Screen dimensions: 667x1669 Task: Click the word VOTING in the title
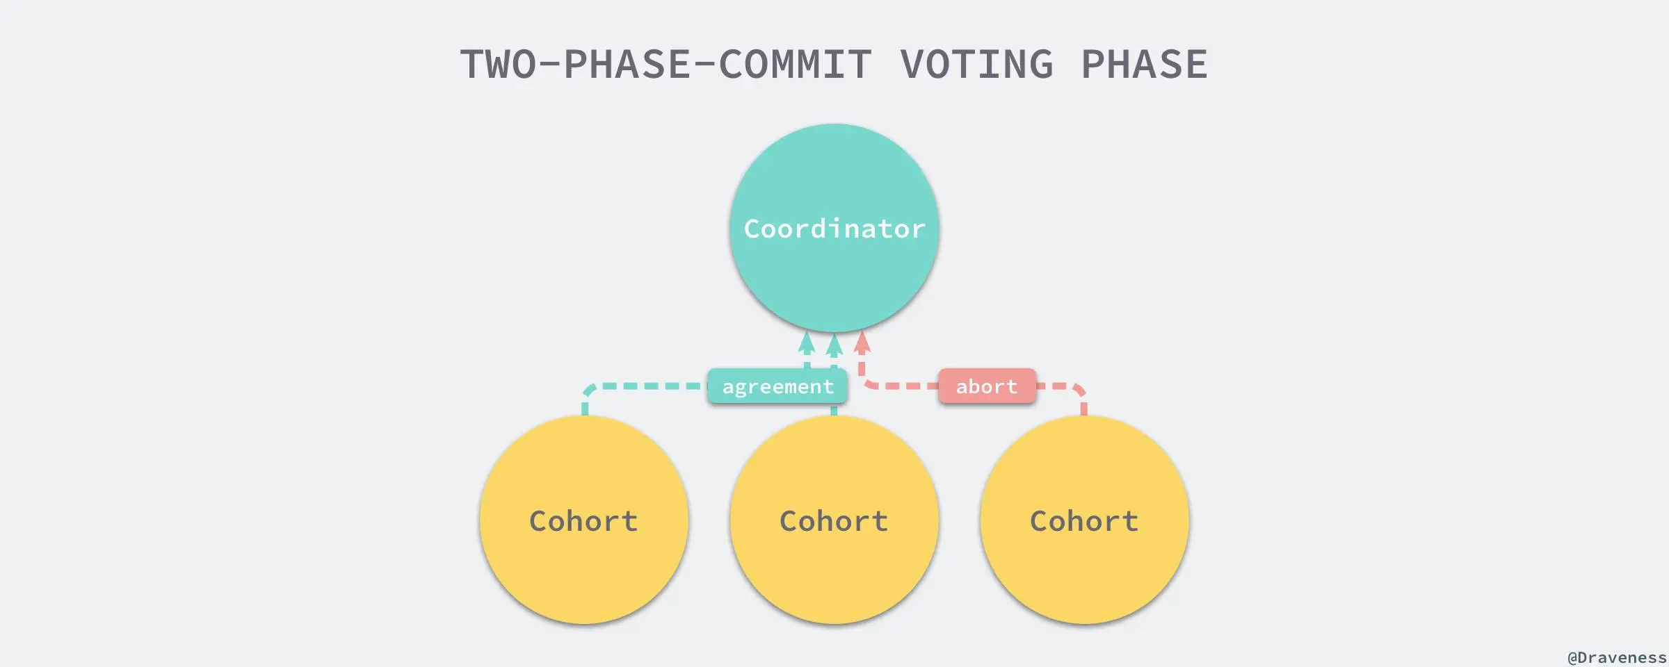(976, 65)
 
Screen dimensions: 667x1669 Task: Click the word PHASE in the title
(1144, 65)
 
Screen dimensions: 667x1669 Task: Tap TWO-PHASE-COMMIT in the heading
(666, 65)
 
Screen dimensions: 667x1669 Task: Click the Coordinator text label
(834, 229)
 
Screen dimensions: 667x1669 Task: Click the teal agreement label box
(777, 386)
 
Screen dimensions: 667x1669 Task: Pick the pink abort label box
(987, 386)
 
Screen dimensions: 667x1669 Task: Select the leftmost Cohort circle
(584, 570)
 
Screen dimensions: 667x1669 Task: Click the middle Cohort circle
(834, 570)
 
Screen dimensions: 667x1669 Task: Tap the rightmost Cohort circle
(1085, 570)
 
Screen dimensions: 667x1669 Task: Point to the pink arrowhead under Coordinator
(862, 341)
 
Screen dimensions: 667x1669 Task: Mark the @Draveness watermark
(1616, 657)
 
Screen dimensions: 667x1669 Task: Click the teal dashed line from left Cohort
(647, 386)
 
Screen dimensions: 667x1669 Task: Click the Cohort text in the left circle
(584, 521)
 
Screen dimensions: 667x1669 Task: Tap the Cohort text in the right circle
(1085, 521)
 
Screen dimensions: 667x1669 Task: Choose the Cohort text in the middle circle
(834, 521)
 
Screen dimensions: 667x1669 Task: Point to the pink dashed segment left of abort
(901, 386)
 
